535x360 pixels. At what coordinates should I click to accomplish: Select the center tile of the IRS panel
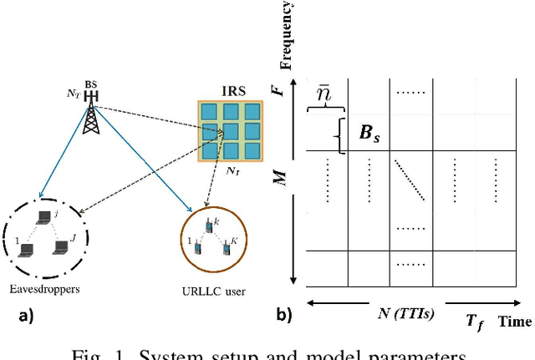pyautogui.click(x=230, y=132)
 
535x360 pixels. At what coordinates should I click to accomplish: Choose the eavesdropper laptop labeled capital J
pyautogui.click(x=59, y=248)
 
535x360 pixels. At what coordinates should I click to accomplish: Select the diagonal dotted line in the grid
pyautogui.click(x=410, y=180)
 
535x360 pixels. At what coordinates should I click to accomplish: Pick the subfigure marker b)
pyautogui.click(x=286, y=316)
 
